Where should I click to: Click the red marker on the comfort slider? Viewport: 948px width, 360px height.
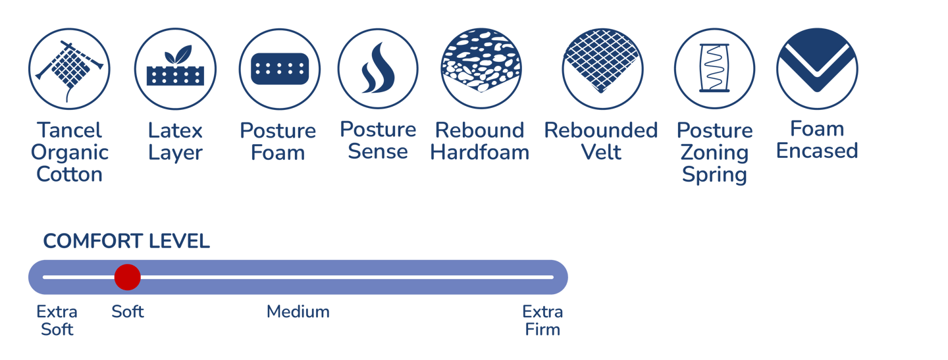point(127,277)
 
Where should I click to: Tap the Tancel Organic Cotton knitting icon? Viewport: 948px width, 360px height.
point(69,69)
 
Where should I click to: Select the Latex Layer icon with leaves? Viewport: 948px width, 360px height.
point(175,69)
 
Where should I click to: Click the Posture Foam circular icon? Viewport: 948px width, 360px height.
point(279,69)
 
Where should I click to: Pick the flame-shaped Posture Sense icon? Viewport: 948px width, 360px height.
point(378,69)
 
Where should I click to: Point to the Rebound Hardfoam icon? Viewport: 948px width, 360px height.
point(481,69)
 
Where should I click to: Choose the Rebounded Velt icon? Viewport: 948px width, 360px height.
point(602,69)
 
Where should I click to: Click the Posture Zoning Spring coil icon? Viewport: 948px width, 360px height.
point(714,69)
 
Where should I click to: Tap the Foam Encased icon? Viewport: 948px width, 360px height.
point(816,69)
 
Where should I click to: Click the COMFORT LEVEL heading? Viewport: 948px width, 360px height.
point(126,242)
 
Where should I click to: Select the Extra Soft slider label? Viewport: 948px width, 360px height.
point(57,320)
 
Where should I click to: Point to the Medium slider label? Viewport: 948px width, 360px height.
point(298,311)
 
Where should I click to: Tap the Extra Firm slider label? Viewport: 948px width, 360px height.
point(542,320)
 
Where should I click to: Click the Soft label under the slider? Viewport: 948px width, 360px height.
point(128,311)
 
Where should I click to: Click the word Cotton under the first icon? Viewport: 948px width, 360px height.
point(70,174)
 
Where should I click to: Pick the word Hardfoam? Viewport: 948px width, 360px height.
point(480,153)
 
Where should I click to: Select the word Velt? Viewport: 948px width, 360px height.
point(601,153)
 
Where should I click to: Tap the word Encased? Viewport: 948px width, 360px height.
point(817,151)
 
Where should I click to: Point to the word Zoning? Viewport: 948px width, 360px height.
point(714,153)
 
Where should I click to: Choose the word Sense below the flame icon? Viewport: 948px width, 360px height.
point(378,151)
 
